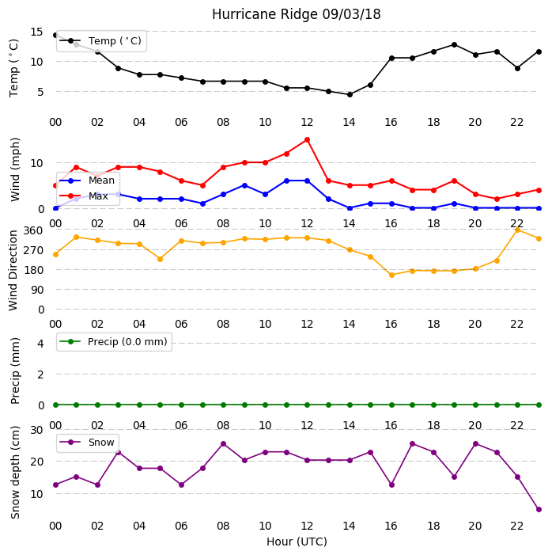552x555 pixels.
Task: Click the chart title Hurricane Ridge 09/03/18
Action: [297, 14]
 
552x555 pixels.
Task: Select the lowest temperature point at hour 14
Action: [350, 94]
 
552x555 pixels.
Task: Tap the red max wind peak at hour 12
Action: [307, 140]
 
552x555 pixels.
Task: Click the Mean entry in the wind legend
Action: [87, 181]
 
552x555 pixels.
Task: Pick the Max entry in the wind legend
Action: [84, 196]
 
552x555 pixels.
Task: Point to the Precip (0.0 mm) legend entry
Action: [114, 341]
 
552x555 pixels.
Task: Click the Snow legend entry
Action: [87, 443]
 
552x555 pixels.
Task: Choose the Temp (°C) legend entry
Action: [100, 40]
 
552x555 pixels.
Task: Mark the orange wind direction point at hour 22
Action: [518, 230]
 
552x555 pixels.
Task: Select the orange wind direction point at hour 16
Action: [391, 275]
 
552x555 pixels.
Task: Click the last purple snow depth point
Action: [539, 509]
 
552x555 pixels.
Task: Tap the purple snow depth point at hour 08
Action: [223, 444]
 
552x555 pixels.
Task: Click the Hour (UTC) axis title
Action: [297, 542]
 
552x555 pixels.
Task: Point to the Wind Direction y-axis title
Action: [13, 271]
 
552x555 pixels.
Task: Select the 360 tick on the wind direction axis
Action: [33, 230]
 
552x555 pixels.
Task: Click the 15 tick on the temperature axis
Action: [36, 32]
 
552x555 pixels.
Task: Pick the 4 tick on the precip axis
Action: [40, 344]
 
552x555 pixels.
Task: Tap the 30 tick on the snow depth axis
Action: [36, 430]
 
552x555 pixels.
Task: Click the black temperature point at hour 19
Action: [455, 44]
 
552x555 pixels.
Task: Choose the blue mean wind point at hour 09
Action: [244, 185]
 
